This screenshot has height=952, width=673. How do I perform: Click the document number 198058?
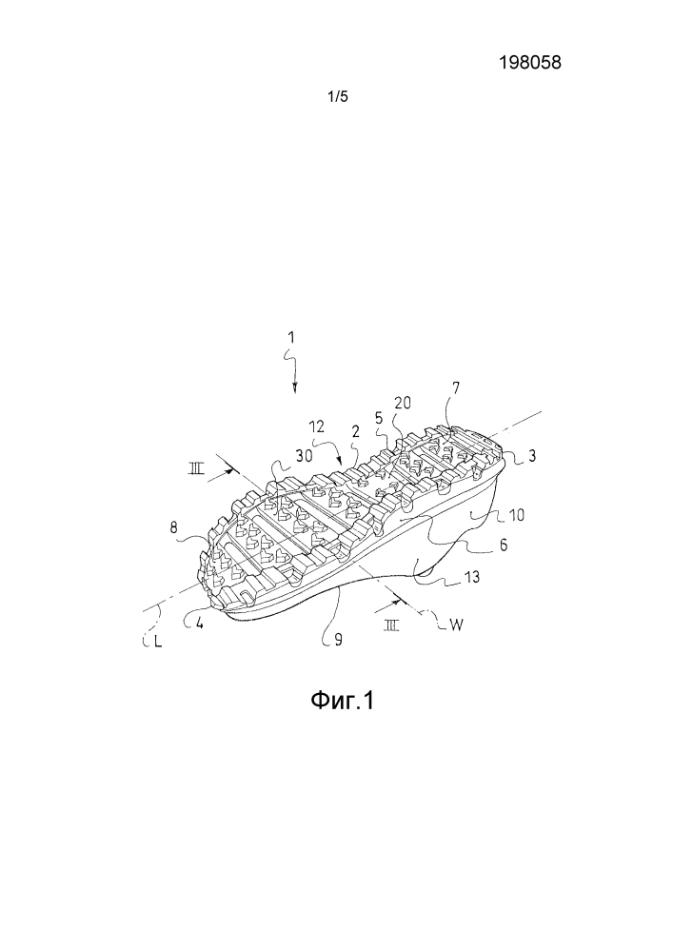pos(530,62)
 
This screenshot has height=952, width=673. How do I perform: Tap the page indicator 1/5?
pos(338,96)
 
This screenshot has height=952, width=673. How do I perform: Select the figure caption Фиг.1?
pos(343,701)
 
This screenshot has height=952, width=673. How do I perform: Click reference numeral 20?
pos(403,404)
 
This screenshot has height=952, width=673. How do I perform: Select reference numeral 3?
pos(531,455)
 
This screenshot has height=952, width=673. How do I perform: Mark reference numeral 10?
pos(517,515)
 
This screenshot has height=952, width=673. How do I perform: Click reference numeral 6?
pos(503,545)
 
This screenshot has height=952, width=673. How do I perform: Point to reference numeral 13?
pos(472,576)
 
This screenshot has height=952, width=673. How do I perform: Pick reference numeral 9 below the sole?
pos(339,640)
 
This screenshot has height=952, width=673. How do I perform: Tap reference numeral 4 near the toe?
pos(198,624)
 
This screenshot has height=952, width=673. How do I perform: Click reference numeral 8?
pos(173,527)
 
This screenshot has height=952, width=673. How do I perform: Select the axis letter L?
pos(158,641)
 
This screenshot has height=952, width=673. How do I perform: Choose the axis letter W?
pos(456,625)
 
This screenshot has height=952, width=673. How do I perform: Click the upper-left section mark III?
pos(197,468)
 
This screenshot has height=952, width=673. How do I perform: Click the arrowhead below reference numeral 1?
pos(295,389)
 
